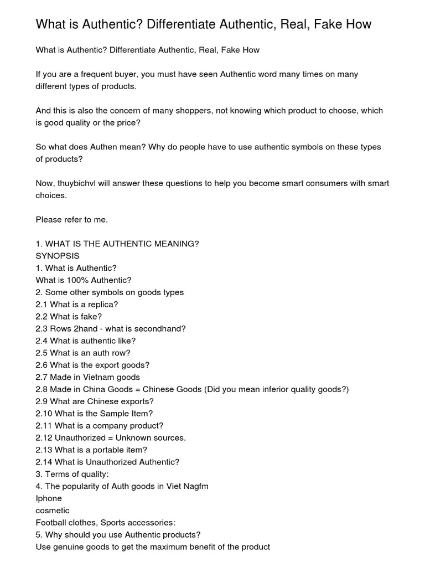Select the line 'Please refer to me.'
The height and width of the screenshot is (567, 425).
[x=72, y=219]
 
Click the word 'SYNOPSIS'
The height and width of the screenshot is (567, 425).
[x=58, y=256]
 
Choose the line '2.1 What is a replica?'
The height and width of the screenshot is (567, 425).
[x=77, y=305]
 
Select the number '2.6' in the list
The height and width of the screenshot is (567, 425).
[x=42, y=365]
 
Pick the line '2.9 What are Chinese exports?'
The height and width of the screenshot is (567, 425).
[x=95, y=401]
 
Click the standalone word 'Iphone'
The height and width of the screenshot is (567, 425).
[x=49, y=498]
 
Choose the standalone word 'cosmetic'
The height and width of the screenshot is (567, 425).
[x=53, y=511]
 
